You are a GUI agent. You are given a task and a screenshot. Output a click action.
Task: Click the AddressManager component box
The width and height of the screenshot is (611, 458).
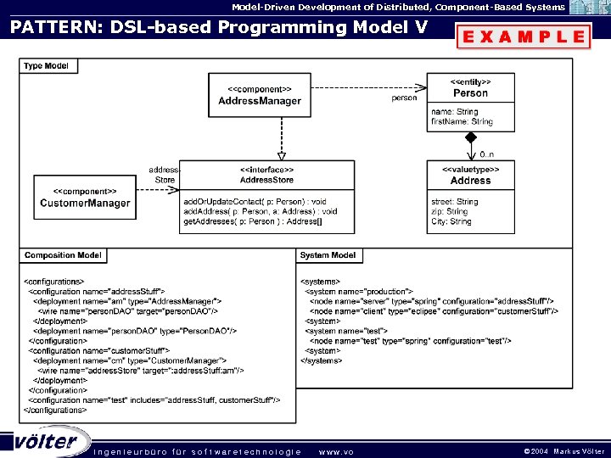[x=259, y=95]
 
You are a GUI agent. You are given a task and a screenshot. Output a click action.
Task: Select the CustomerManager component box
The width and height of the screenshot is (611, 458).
[x=85, y=198]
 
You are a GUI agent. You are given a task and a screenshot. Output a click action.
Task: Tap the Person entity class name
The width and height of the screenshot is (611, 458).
[x=470, y=92]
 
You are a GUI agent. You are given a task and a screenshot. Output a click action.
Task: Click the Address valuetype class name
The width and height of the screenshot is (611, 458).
[x=470, y=181]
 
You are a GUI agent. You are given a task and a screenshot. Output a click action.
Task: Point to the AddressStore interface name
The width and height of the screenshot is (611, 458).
[x=266, y=180]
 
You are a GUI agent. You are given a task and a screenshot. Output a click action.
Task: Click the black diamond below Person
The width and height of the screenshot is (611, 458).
[x=470, y=137]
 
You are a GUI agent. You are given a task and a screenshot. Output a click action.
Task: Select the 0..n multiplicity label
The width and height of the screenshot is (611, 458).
[x=486, y=154]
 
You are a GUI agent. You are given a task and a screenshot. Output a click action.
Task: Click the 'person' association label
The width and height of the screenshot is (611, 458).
[x=404, y=98]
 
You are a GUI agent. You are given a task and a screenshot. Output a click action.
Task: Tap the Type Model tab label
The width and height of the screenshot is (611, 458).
[x=46, y=65]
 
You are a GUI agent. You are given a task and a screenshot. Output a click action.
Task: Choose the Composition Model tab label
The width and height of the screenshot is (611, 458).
[x=63, y=255]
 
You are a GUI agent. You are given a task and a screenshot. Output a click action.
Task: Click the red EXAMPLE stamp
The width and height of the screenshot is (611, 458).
[x=523, y=36]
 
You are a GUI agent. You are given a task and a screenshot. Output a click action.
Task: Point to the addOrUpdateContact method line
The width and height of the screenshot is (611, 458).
[x=255, y=202]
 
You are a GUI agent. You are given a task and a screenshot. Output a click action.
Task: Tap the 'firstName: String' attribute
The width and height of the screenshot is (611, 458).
[x=462, y=122]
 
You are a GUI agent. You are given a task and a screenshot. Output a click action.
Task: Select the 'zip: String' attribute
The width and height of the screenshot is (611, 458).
[x=449, y=212]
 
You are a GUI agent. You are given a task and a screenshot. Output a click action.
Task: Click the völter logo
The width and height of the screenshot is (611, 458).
[x=46, y=442]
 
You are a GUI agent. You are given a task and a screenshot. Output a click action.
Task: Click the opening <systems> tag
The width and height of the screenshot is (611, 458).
[x=321, y=282]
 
